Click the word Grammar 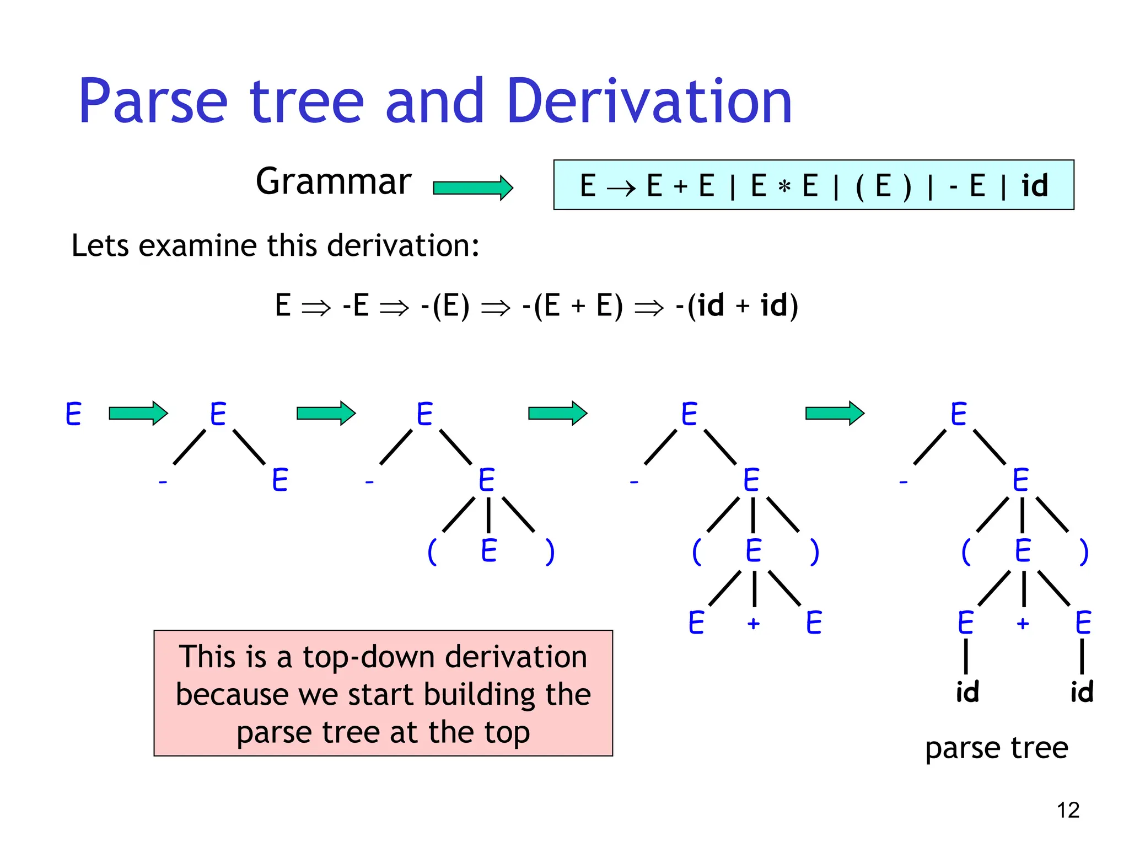(x=334, y=181)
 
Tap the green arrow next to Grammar (x=473, y=188)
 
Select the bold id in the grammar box (x=1034, y=186)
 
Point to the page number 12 (x=1068, y=810)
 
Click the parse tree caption (x=997, y=748)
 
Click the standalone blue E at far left (x=73, y=414)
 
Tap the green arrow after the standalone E (x=138, y=413)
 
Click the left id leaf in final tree (x=967, y=691)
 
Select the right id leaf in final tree (x=1082, y=691)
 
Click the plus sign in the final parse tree (x=1023, y=624)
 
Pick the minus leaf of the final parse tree (x=903, y=483)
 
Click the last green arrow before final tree (x=834, y=413)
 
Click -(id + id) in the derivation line (x=736, y=305)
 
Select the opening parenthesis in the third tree (x=432, y=551)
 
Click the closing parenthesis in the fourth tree (x=814, y=551)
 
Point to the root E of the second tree (x=218, y=414)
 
